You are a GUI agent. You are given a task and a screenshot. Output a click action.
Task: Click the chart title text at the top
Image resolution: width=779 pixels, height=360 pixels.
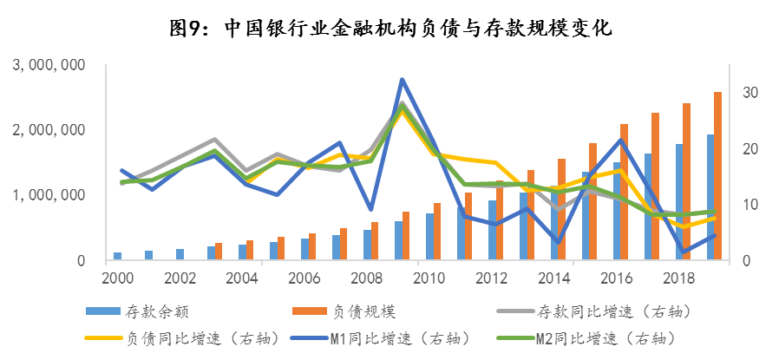[x=389, y=28]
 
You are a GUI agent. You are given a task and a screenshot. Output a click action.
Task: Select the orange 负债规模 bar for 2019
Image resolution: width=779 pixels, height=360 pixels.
[x=717, y=175]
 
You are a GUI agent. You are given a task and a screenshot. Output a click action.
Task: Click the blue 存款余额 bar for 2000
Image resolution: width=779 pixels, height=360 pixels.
[x=117, y=255]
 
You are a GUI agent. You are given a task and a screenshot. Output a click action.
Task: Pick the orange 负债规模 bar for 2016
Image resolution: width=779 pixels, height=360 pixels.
[x=624, y=191]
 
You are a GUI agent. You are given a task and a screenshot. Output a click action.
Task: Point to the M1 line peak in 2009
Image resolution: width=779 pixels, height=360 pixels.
[x=402, y=80]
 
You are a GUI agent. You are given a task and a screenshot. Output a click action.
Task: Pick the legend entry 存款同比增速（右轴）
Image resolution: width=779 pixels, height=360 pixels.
[x=599, y=310]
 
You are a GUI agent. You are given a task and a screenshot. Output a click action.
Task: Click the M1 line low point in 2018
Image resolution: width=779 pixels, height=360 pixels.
[x=684, y=252]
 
